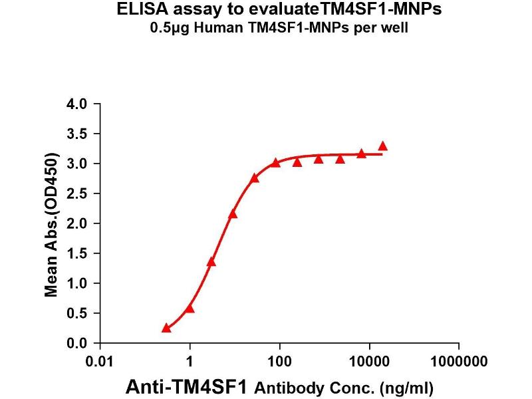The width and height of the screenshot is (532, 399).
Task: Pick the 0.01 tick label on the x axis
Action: pos(100,362)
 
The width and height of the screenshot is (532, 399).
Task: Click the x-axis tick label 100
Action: pos(279,362)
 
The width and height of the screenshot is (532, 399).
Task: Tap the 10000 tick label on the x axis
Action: pos(369,362)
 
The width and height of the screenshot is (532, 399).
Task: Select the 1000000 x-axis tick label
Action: pos(458,362)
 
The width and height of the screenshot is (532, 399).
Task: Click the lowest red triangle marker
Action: pos(166,328)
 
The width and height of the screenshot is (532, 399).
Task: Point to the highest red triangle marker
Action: pos(382,146)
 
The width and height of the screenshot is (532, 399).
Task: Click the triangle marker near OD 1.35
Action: pos(211,261)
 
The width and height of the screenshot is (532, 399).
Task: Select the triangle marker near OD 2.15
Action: pos(233,213)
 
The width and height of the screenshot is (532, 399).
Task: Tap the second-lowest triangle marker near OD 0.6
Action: pos(190,308)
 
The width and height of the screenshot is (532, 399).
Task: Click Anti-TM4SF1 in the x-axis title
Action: pos(188,386)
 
